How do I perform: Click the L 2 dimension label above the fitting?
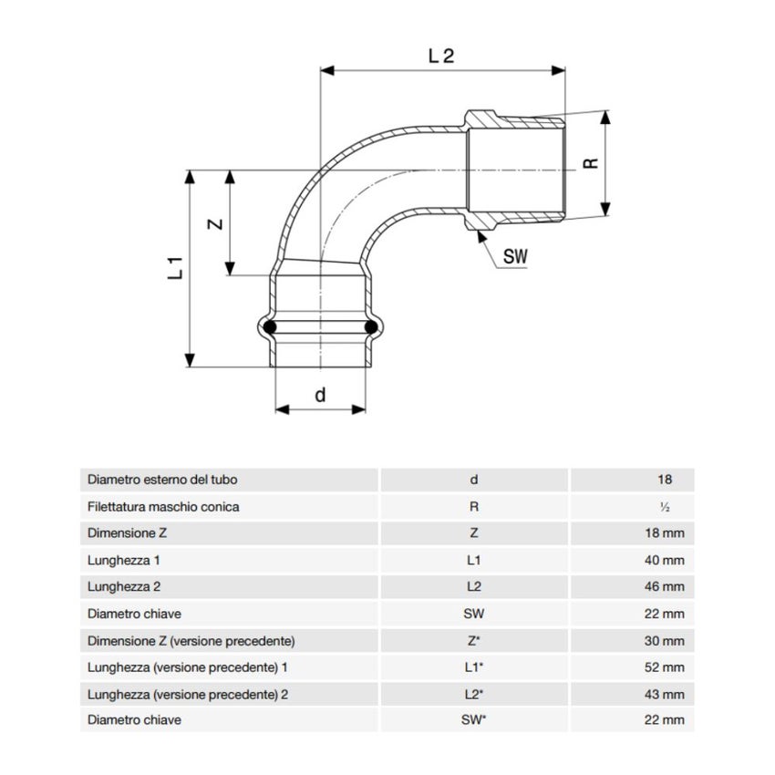click(441, 56)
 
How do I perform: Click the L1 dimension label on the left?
click(175, 268)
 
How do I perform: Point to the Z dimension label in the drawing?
click(215, 224)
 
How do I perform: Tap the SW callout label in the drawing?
click(515, 256)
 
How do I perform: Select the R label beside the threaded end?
click(591, 163)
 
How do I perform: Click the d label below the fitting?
click(320, 395)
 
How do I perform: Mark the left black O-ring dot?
click(269, 326)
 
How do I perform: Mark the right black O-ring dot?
click(371, 326)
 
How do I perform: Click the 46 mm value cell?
click(665, 586)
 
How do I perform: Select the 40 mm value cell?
click(665, 560)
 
